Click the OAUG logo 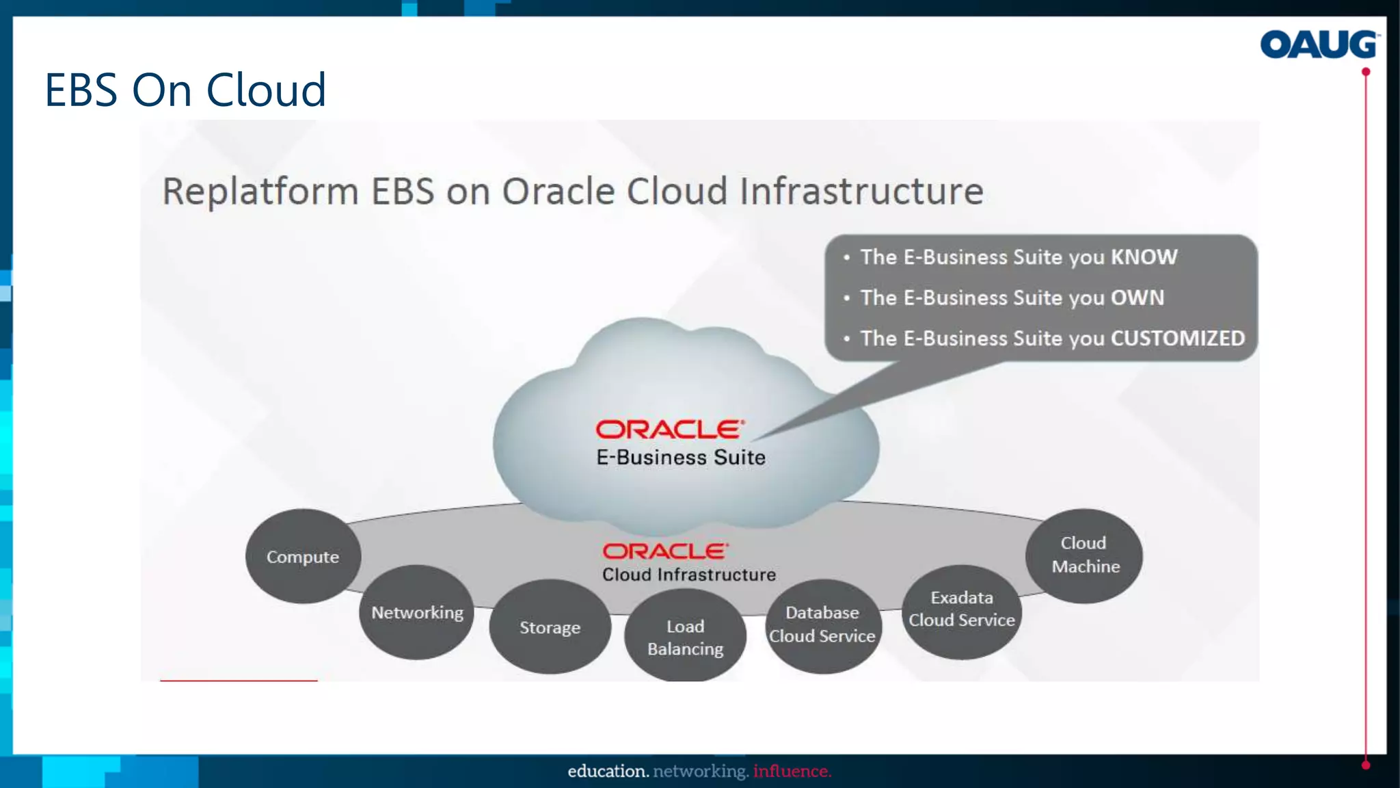1319,45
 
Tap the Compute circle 303,557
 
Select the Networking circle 417,612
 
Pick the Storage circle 550,627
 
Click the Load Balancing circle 685,637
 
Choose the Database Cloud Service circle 822,624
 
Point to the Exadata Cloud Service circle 961,609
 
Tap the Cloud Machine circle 1085,555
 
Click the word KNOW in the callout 1144,257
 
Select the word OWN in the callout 1137,298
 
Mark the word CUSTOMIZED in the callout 1177,339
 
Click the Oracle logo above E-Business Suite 669,430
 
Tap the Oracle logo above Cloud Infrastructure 665,551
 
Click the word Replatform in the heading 260,192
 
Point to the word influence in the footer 792,772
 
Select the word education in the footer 607,772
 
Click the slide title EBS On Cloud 185,90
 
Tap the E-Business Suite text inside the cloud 680,458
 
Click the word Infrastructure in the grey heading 861,192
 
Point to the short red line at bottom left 239,680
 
